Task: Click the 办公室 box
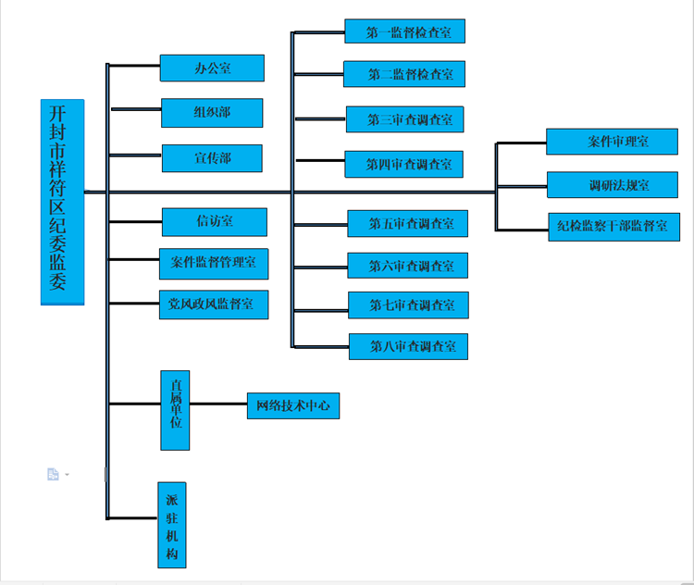[x=212, y=68]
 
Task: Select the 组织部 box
[x=212, y=113]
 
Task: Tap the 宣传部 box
[x=212, y=158]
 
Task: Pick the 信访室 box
[x=214, y=222]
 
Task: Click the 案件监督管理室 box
[x=214, y=263]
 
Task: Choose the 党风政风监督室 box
[x=213, y=305]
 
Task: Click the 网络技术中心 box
[x=293, y=406]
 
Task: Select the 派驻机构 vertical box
[x=172, y=524]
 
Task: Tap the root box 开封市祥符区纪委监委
[x=62, y=202]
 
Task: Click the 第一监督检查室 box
[x=404, y=31]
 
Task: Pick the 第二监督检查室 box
[x=404, y=74]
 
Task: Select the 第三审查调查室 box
[x=404, y=119]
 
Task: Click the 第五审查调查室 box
[x=407, y=223]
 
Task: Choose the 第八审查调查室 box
[x=408, y=347]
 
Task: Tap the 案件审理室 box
[x=612, y=142]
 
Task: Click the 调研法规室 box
[x=612, y=185]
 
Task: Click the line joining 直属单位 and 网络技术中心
[x=218, y=405]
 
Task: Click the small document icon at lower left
[x=53, y=474]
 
